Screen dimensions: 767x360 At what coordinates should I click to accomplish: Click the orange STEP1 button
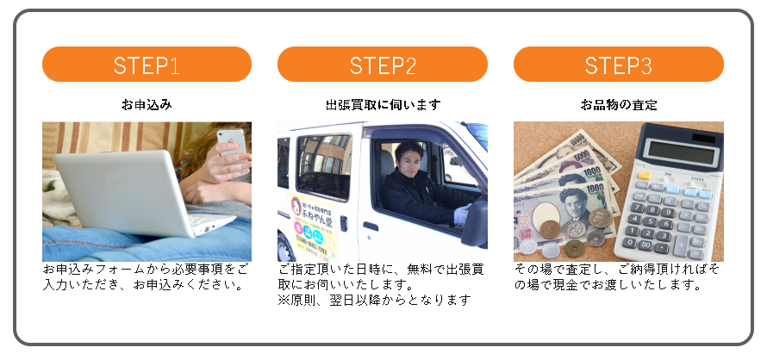pos(147,64)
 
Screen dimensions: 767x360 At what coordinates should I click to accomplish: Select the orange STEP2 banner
pos(383,64)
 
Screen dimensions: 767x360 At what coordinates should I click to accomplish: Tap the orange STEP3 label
pos(618,64)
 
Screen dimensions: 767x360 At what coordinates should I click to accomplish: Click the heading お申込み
pos(147,105)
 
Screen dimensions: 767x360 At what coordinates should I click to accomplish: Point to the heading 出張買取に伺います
pos(383,105)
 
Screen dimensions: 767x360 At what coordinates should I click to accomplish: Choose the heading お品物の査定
pos(619,105)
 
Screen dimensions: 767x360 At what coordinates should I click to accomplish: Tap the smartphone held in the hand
pos(233,142)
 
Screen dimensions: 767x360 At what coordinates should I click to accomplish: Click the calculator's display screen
pos(680,152)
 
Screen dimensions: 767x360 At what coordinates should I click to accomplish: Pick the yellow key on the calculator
pos(645,176)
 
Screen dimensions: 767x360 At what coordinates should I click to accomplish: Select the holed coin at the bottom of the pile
pos(574,249)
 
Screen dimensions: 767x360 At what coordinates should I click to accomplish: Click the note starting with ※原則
pos(374,300)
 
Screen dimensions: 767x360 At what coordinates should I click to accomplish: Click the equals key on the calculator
pos(695,254)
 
